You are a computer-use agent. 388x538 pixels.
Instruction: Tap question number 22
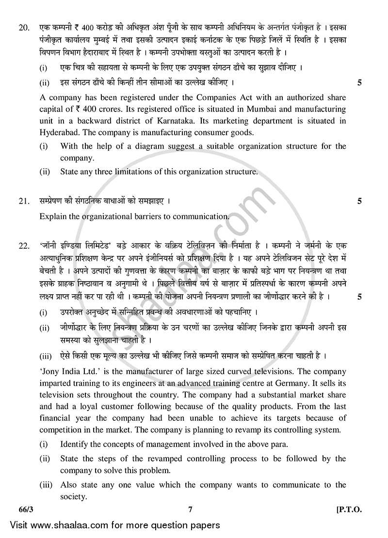pos(23,246)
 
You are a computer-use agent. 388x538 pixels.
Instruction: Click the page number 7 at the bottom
pos(191,509)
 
